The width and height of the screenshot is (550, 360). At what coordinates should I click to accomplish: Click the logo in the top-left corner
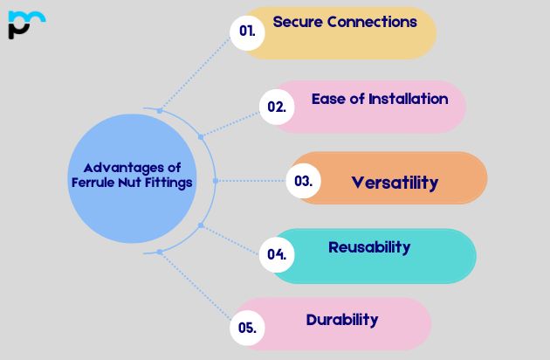click(x=26, y=24)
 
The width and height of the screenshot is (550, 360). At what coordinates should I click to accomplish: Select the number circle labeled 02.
click(x=277, y=107)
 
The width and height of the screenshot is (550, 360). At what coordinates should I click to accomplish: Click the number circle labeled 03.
click(x=303, y=182)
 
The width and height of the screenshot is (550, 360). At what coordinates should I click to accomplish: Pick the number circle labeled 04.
click(x=277, y=254)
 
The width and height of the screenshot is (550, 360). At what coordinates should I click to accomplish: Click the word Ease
click(x=328, y=99)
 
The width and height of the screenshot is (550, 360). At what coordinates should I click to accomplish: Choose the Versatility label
click(x=395, y=183)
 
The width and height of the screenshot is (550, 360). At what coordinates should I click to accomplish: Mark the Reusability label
click(x=369, y=247)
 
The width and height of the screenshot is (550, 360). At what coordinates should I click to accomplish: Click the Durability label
click(x=342, y=320)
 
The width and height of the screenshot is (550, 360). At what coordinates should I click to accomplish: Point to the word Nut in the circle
click(x=134, y=183)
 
